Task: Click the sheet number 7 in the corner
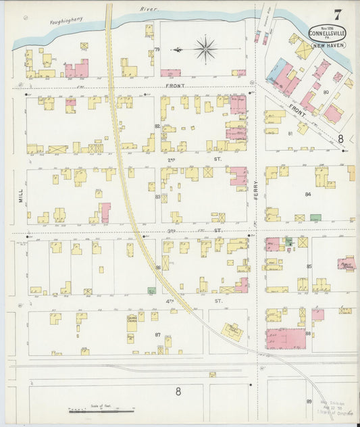[x=337, y=14]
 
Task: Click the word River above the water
[x=147, y=9]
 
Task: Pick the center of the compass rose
[x=205, y=49]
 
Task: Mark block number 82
[x=157, y=126]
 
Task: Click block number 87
[x=157, y=334]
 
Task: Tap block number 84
[x=308, y=195]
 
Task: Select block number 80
[x=326, y=92]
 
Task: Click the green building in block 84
[x=315, y=218]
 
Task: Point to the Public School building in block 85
[x=347, y=263]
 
